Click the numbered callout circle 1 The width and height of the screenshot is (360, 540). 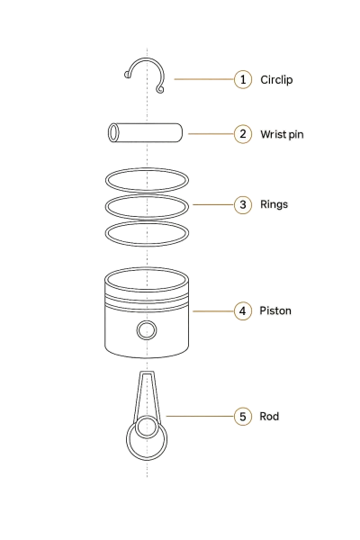pos(243,79)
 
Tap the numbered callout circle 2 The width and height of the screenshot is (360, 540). pos(243,134)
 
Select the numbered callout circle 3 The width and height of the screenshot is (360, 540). pos(243,204)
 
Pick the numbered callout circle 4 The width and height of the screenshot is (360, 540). pos(243,311)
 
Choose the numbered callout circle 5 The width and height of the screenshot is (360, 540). pos(243,417)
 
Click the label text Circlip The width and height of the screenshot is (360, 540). pos(276,80)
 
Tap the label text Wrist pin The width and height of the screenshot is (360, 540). pos(282,134)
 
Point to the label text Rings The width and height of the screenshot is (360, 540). pos(274,204)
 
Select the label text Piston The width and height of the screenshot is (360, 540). pos(275,310)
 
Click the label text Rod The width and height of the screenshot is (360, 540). pos(269,417)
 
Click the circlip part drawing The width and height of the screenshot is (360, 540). pos(147,59)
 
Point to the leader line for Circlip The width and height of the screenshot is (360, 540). pos(204,79)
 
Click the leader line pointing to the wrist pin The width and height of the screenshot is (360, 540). pos(211,133)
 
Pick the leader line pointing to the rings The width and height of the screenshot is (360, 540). pos(213,204)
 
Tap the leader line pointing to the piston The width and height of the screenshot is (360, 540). pos(213,311)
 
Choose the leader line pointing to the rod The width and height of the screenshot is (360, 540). pos(200,416)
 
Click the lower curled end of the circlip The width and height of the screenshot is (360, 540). pos(160,89)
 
